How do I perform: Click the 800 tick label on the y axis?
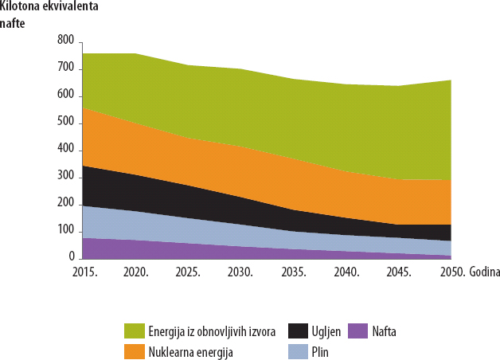pyautogui.click(x=65, y=41)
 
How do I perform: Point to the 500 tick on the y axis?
pyautogui.click(x=65, y=123)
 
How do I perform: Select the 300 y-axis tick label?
pyautogui.click(x=65, y=177)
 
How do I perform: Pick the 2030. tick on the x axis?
pyautogui.click(x=240, y=272)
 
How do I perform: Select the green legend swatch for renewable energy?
pyautogui.click(x=135, y=331)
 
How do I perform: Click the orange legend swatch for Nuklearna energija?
pyautogui.click(x=135, y=350)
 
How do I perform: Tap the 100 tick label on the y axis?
pyautogui.click(x=65, y=231)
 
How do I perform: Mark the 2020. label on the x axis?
pyautogui.click(x=136, y=272)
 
